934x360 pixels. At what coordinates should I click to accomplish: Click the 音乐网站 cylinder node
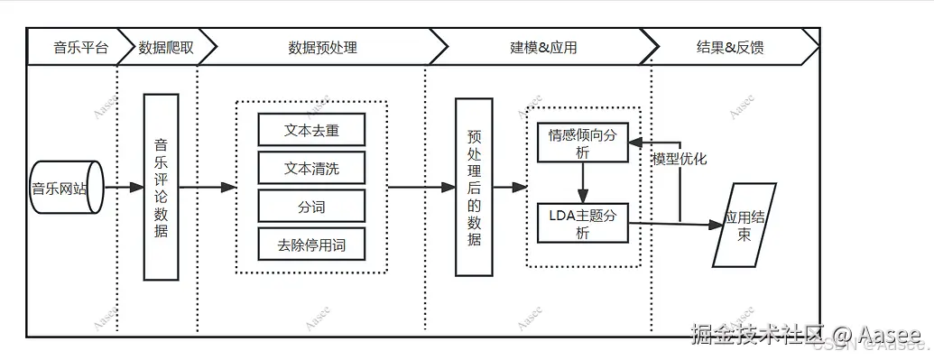coord(65,188)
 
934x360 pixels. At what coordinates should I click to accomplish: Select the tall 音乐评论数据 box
coord(162,187)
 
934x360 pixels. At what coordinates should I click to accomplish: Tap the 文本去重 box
coord(311,129)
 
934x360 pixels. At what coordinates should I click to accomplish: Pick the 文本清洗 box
coord(311,168)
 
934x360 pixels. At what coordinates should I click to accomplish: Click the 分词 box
coord(311,207)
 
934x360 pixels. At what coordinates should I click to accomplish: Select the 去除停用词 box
coord(311,244)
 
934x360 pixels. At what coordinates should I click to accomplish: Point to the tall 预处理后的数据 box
coord(474,187)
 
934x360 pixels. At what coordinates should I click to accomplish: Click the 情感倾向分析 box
coord(582,143)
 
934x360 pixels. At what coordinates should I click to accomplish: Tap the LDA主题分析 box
coord(582,223)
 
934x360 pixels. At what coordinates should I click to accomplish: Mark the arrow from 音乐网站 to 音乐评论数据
coord(124,188)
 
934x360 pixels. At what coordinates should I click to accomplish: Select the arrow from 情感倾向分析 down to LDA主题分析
coord(583,183)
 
